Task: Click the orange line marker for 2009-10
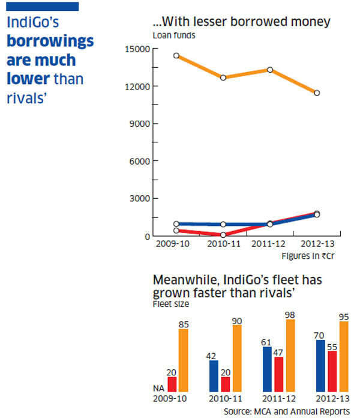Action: tap(176, 55)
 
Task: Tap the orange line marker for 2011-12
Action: tap(270, 70)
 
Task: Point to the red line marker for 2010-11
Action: tap(223, 235)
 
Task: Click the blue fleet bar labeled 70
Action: tap(320, 366)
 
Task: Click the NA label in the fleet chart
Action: tap(159, 389)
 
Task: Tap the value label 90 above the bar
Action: tap(236, 321)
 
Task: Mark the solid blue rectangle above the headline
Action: tap(41, 7)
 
